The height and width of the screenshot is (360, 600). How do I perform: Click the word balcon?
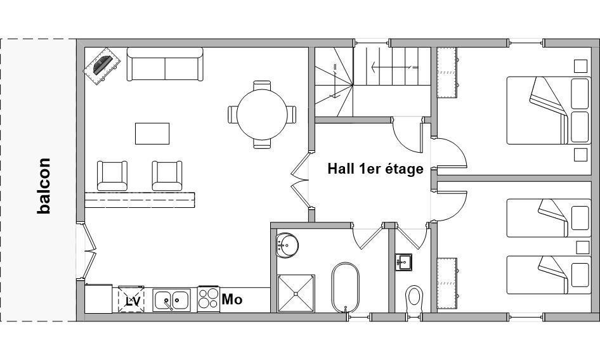click(44, 186)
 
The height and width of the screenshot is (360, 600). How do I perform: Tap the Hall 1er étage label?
click(375, 169)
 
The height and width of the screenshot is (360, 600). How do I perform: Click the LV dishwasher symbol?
click(131, 300)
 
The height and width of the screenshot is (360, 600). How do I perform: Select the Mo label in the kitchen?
click(232, 299)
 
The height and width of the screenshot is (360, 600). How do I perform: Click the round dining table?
click(262, 114)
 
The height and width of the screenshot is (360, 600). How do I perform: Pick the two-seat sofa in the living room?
click(165, 64)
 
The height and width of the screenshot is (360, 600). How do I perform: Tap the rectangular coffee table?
click(152, 134)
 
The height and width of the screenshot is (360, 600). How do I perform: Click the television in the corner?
click(101, 66)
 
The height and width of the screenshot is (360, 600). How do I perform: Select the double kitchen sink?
click(171, 300)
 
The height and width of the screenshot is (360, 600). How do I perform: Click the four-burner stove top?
click(209, 299)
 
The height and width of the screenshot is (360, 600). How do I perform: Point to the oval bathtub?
click(346, 287)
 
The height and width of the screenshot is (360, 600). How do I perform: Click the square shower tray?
click(296, 293)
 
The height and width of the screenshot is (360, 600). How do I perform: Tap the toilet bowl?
click(414, 298)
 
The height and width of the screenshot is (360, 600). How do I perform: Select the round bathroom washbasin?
click(287, 245)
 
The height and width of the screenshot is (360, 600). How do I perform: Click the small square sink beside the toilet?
click(403, 262)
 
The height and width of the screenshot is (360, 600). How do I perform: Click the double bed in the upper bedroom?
click(549, 110)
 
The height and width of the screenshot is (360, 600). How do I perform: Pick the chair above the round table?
click(262, 86)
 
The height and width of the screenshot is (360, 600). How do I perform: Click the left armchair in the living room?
click(112, 176)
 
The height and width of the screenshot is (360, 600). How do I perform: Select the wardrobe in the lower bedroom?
click(447, 283)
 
